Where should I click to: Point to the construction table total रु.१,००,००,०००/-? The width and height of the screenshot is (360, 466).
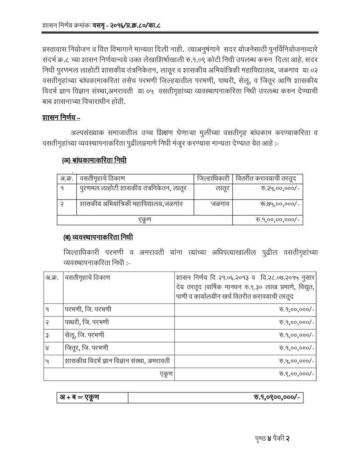pos(278,220)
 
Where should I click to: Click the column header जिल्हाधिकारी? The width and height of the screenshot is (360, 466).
pos(213,179)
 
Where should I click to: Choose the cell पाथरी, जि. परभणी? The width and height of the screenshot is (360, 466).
pos(87,322)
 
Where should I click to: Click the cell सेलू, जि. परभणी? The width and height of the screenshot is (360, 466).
pos(84,335)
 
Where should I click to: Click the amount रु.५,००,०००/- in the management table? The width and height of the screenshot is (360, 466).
pos(296,361)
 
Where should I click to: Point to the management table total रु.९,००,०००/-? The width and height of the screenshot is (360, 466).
pos(296,374)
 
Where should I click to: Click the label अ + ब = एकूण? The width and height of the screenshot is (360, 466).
pos(79,397)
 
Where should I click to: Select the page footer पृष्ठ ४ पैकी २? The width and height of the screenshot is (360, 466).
pos(272,438)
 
